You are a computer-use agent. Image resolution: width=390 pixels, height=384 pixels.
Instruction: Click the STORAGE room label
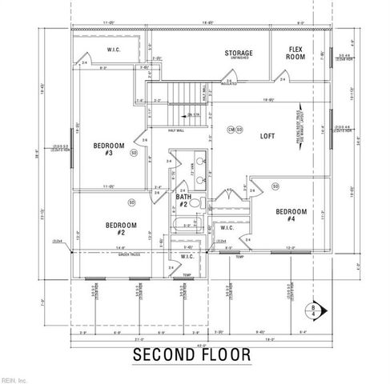pyautogui.click(x=238, y=54)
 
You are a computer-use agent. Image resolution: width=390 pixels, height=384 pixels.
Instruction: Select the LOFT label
pyautogui.click(x=267, y=136)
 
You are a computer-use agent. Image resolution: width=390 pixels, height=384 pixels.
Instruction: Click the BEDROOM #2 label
pyautogui.click(x=119, y=229)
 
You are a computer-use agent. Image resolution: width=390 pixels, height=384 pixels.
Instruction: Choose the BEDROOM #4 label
pyautogui.click(x=287, y=214)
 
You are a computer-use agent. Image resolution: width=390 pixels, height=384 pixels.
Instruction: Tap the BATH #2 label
pyautogui.click(x=184, y=200)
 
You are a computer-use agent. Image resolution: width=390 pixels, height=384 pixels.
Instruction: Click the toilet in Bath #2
pyautogui.click(x=201, y=204)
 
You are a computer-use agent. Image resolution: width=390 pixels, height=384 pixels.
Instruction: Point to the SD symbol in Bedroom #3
pyautogui.click(x=134, y=151)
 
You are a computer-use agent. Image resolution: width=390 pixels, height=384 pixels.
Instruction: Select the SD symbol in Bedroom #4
pyautogui.click(x=275, y=186)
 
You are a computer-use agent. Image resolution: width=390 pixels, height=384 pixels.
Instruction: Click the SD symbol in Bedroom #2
pyautogui.click(x=153, y=203)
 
